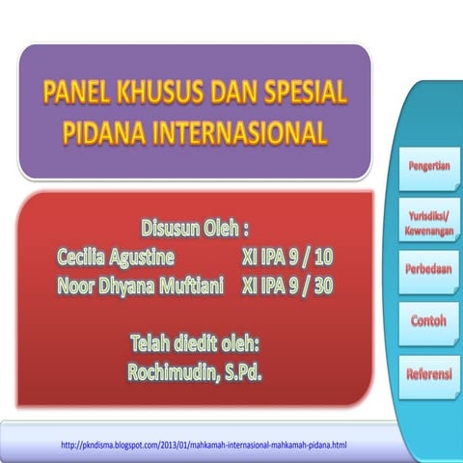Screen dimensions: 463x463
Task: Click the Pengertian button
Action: point(428,165)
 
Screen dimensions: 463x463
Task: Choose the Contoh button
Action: point(428,320)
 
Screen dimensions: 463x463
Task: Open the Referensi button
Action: point(428,372)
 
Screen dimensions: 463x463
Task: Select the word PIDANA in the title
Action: point(103,132)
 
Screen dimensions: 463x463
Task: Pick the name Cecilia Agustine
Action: point(117,258)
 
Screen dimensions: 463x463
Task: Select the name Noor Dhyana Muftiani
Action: point(138,286)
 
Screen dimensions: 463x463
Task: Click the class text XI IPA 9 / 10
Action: point(286,258)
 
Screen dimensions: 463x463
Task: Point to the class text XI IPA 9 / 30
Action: point(286,286)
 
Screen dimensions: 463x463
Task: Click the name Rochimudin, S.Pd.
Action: point(196,370)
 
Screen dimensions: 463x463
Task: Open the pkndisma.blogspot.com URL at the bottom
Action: point(204,445)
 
